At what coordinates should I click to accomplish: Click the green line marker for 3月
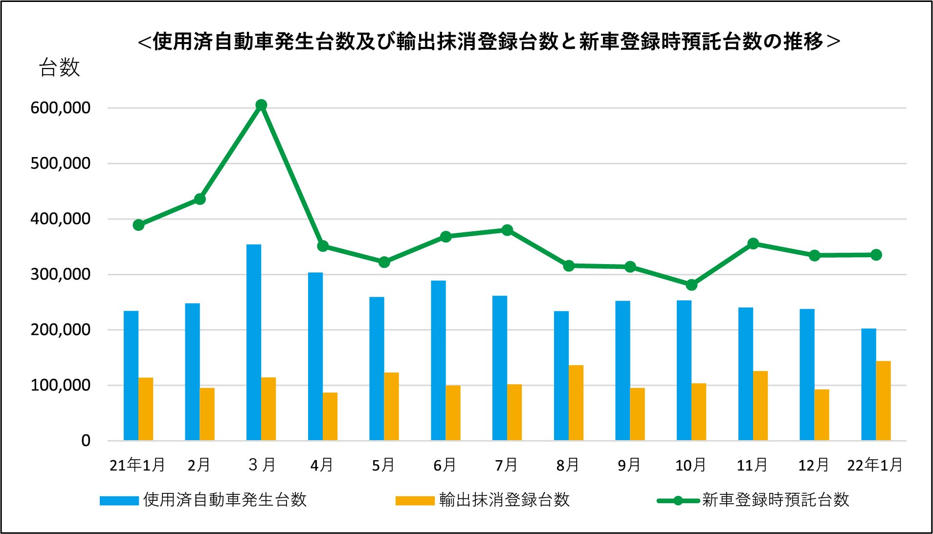[262, 105]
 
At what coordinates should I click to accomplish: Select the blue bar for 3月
[254, 342]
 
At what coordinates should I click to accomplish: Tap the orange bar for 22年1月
[883, 401]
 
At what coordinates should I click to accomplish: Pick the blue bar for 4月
[315, 356]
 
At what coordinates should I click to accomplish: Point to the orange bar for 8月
[576, 403]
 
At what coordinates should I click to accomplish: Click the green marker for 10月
[691, 285]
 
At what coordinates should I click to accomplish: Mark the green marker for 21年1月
[138, 225]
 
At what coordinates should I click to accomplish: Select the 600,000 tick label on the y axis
[61, 108]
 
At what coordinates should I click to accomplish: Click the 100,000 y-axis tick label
[61, 385]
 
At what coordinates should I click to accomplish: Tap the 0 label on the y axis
[86, 441]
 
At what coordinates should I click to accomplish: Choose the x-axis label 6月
[444, 465]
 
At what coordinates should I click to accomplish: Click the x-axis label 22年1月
[875, 465]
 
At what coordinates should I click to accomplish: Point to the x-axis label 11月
[752, 465]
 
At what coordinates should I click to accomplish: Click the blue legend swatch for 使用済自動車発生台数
[119, 500]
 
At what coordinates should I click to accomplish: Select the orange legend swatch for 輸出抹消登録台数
[415, 500]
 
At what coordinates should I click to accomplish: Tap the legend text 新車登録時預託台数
[776, 500]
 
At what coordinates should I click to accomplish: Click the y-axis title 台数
[59, 67]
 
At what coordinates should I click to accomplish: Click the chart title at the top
[489, 42]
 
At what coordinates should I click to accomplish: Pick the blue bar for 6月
[438, 360]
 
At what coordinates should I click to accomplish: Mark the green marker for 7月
[507, 230]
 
